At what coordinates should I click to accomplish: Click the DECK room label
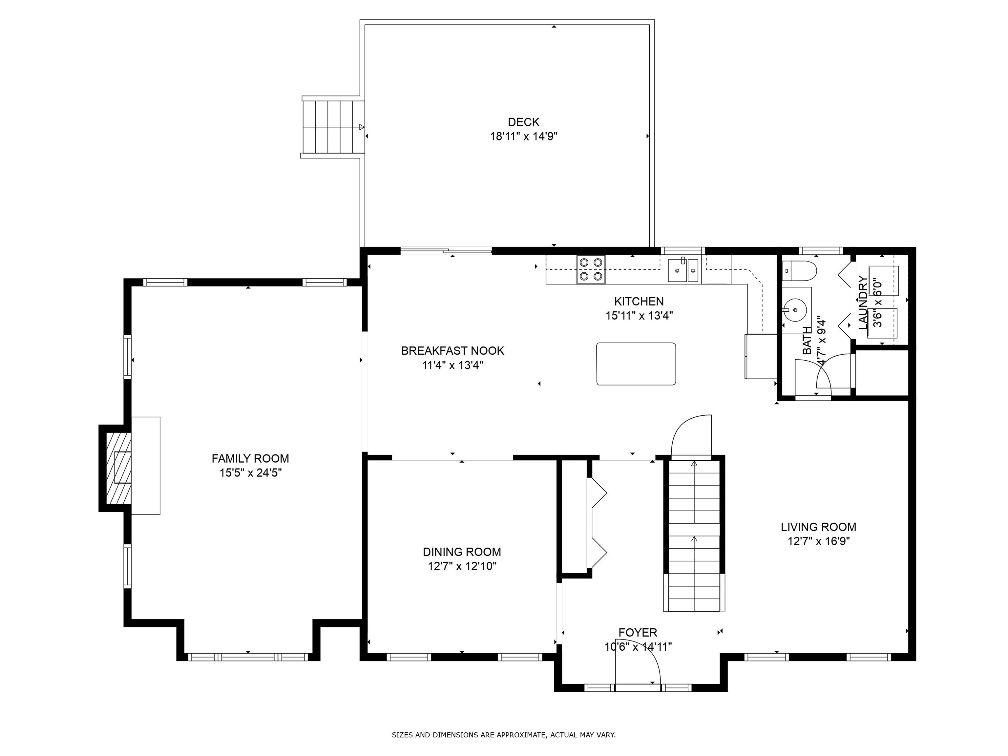coord(524,122)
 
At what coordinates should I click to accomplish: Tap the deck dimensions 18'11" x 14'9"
coord(524,136)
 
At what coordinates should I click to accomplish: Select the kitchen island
coord(636,364)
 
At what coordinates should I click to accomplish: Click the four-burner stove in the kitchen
coord(591,269)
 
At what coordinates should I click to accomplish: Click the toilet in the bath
coord(799,271)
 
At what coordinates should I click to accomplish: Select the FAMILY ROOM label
coord(250,458)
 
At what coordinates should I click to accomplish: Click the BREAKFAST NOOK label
coord(452,351)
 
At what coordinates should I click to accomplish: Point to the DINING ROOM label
coord(462,552)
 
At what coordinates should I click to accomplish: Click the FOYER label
coord(638,633)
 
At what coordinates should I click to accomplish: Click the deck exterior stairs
coord(333,127)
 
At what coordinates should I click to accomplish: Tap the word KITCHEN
coord(639,301)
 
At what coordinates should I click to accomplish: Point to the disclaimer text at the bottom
coord(504,735)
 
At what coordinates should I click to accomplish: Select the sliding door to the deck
coord(446,250)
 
